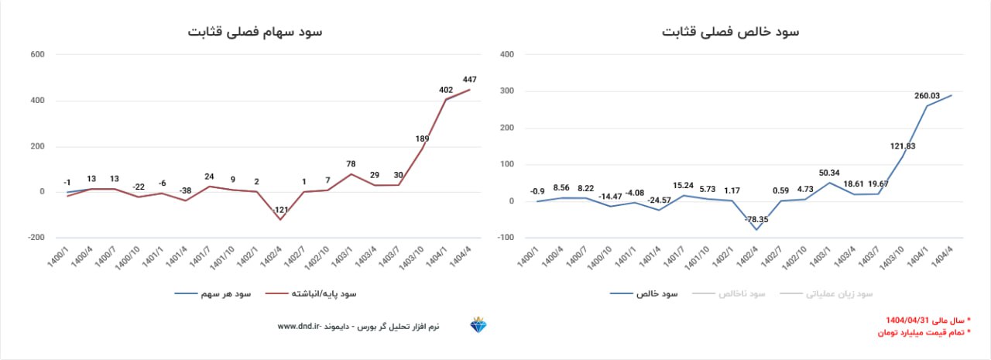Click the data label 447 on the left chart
(x=469, y=79)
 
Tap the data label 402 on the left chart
(x=446, y=90)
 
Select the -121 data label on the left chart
(x=279, y=210)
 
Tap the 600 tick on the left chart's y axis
(x=38, y=55)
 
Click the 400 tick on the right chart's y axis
(x=508, y=55)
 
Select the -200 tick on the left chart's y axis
(x=36, y=238)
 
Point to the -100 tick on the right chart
(x=507, y=238)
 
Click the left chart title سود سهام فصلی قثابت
(x=255, y=32)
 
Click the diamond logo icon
(x=478, y=325)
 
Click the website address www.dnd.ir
(x=299, y=327)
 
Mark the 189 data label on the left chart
(x=422, y=139)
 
